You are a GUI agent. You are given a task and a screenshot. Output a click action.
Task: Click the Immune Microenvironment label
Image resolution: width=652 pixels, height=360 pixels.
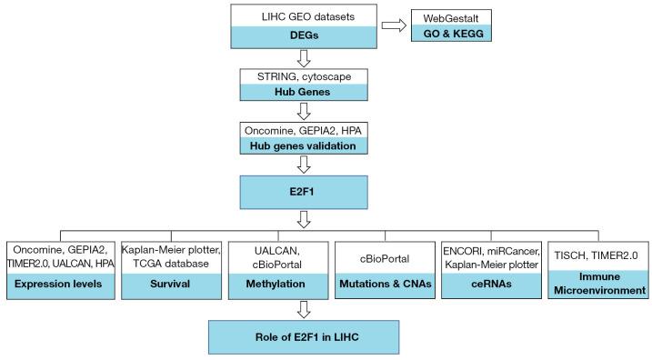(x=599, y=290)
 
